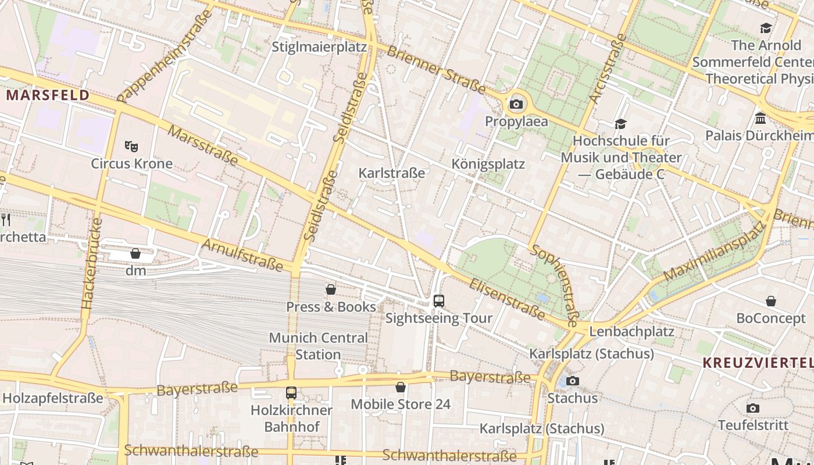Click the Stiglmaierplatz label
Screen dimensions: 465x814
319,47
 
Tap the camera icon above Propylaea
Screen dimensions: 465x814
516,105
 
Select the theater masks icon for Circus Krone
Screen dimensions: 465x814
131,146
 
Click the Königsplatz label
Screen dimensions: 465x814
488,164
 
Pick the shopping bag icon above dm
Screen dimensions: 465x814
135,253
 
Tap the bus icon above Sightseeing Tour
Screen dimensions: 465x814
439,301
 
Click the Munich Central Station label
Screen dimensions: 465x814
318,346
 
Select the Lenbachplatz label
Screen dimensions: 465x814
631,332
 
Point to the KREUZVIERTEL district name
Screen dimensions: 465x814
758,363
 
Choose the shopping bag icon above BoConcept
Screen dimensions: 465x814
770,301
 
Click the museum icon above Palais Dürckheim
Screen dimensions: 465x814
760,119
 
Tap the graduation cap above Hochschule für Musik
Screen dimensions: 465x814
620,124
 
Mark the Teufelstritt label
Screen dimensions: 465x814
753,425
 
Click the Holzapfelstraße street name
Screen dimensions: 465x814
53,398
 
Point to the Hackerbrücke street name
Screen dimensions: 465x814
92,263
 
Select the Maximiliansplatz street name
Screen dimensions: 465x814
713,250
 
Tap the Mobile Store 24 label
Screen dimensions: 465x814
401,404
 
